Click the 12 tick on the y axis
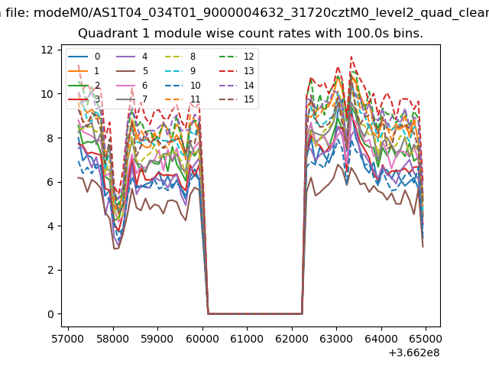[x=47, y=50]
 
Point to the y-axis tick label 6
[x=50, y=182]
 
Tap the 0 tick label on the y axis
[x=50, y=314]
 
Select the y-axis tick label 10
[x=47, y=94]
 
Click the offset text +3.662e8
[x=414, y=352]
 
